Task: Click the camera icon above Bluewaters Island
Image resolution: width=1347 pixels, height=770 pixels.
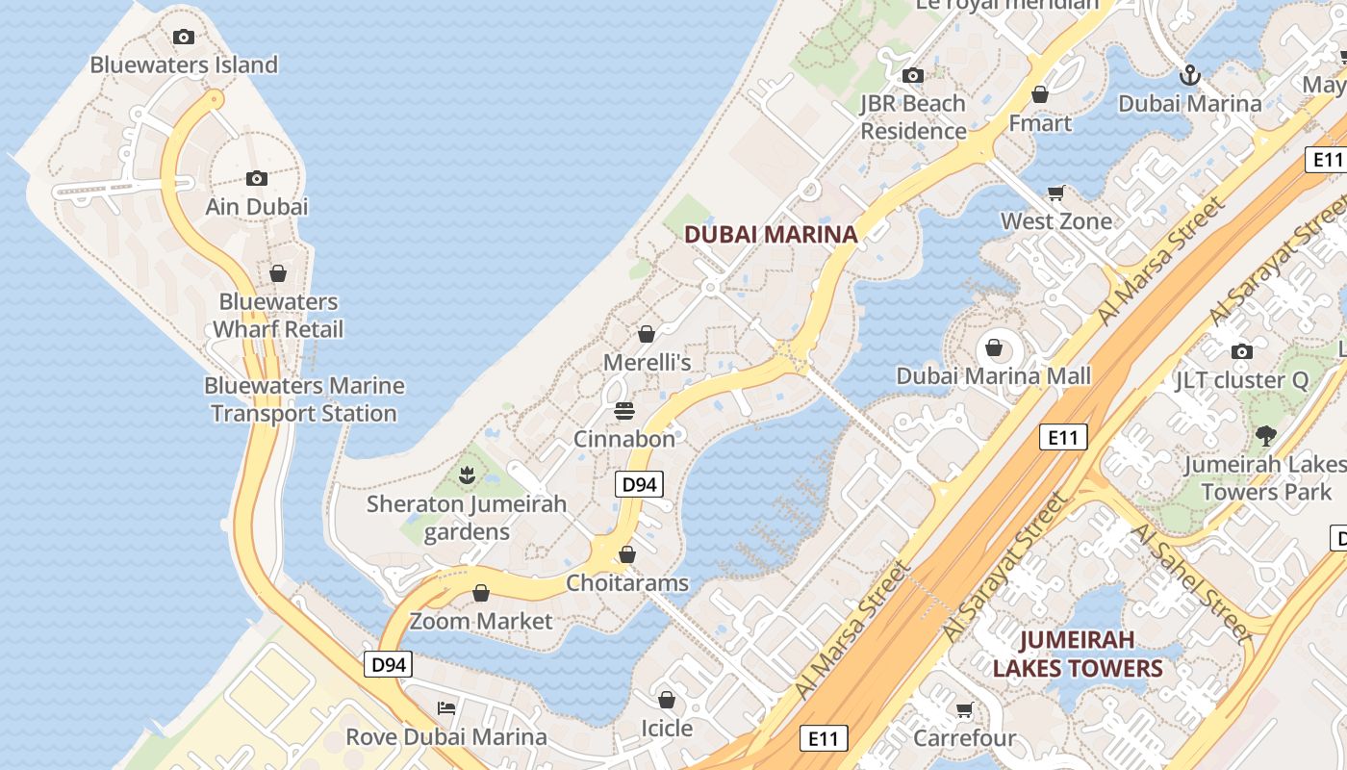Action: pos(184,38)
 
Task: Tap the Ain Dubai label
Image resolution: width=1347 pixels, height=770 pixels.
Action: pos(257,206)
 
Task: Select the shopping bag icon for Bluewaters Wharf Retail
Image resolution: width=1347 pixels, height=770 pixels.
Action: pos(278,274)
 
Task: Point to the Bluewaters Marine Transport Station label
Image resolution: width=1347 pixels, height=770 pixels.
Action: pos(304,399)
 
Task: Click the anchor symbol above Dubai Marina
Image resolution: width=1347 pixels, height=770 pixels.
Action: pos(1190,74)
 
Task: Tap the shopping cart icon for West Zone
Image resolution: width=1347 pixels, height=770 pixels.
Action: pos(1056,193)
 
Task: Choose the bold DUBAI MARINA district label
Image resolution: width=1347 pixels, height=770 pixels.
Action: pos(770,234)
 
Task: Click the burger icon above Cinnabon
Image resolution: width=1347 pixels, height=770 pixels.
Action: pos(623,411)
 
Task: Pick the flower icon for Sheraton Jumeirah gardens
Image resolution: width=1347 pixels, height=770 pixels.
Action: pos(467,475)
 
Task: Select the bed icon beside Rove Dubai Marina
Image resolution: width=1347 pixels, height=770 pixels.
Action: pos(446,708)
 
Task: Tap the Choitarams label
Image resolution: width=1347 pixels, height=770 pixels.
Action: pos(627,583)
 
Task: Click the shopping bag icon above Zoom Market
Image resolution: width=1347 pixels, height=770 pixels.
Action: pos(481,593)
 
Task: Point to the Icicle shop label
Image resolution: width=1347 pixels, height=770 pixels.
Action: pos(667,728)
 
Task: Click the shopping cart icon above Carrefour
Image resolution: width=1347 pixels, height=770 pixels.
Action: pos(964,710)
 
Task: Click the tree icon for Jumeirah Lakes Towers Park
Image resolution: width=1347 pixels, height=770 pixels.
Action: pos(1266,435)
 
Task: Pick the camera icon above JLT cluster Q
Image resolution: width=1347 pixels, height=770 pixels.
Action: pos(1242,351)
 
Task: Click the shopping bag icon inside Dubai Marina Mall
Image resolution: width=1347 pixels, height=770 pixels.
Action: pos(994,347)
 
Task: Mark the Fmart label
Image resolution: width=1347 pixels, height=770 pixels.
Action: pos(1040,123)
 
